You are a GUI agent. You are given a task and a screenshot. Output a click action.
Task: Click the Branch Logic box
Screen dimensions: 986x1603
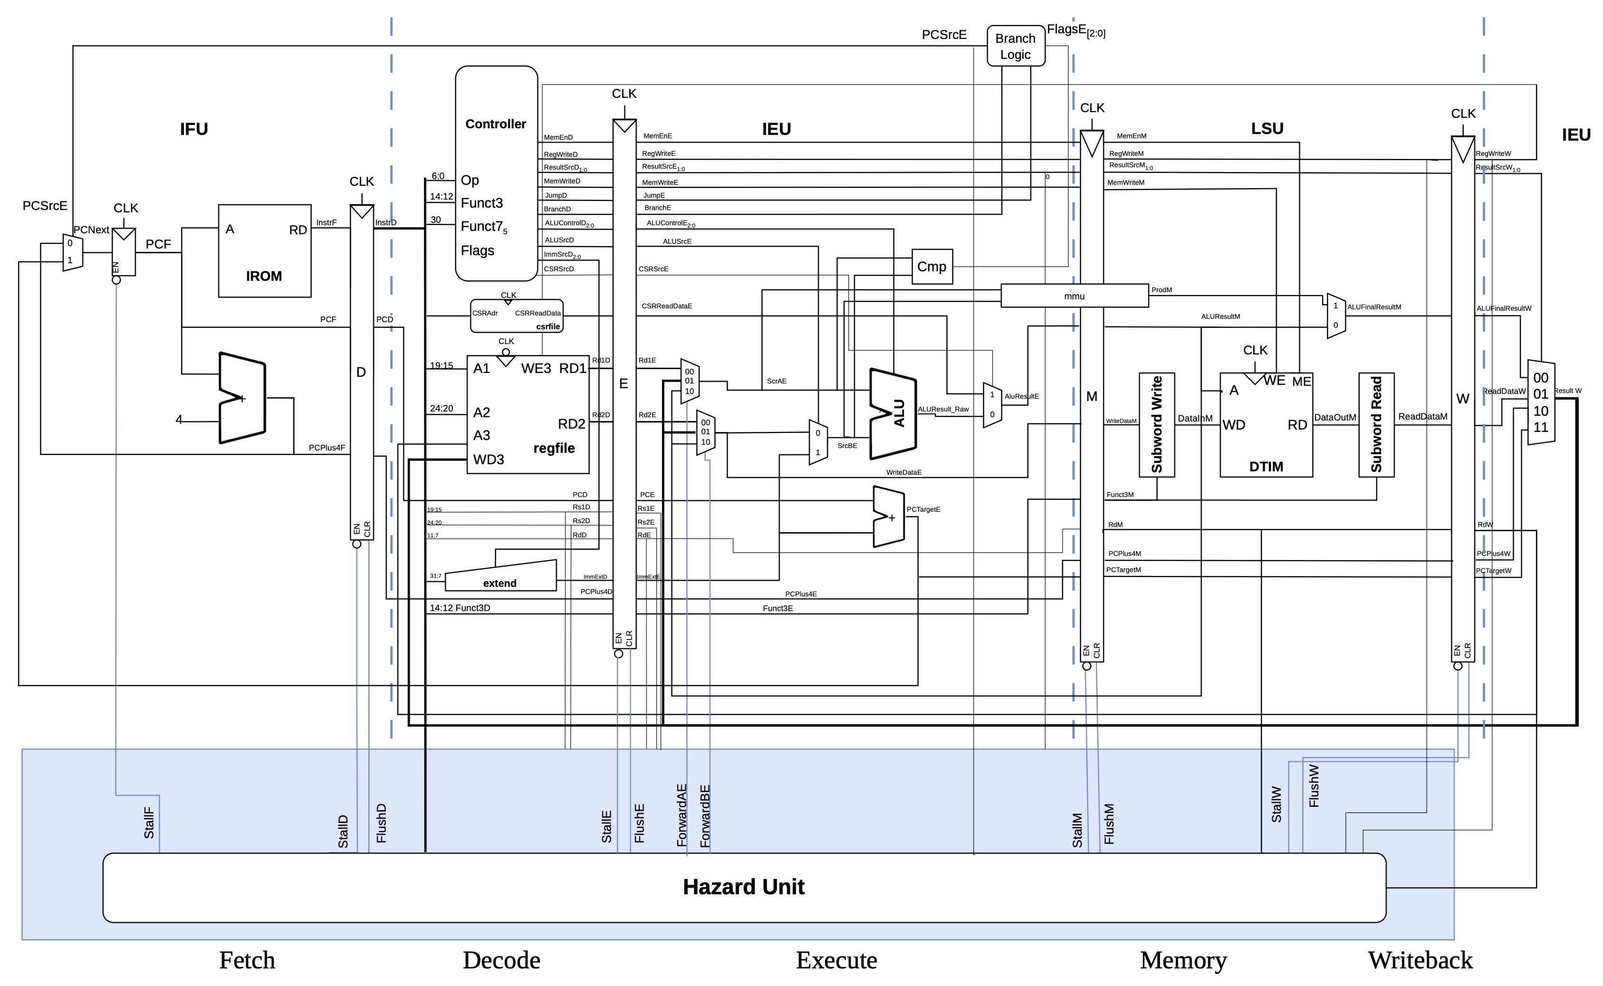pos(1016,46)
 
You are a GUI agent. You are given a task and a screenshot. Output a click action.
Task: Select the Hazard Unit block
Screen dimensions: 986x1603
pos(743,887)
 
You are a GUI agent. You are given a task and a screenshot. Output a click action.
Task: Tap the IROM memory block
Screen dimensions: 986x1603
pos(264,251)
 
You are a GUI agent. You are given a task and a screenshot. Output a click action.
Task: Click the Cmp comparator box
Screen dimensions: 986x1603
pos(931,266)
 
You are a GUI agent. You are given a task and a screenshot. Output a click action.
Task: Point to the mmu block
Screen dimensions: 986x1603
pos(1074,296)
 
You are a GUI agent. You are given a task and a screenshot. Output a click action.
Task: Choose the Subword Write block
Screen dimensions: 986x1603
pos(1156,424)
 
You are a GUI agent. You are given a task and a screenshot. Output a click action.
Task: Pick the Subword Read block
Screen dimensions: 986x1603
pos(1376,424)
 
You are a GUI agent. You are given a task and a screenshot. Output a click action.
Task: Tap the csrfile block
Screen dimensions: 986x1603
pos(517,316)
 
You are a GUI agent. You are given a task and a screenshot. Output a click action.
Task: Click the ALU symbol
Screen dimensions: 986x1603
pos(893,413)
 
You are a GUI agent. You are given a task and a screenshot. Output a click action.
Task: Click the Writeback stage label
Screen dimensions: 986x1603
pos(1420,960)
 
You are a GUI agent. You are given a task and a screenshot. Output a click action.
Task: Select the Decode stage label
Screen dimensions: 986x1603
pos(501,960)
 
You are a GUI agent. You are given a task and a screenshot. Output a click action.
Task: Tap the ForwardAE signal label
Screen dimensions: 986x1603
pos(682,815)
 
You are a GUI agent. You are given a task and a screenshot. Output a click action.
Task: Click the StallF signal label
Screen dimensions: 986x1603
pos(149,823)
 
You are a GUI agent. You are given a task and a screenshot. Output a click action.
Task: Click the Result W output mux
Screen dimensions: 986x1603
pos(1540,402)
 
